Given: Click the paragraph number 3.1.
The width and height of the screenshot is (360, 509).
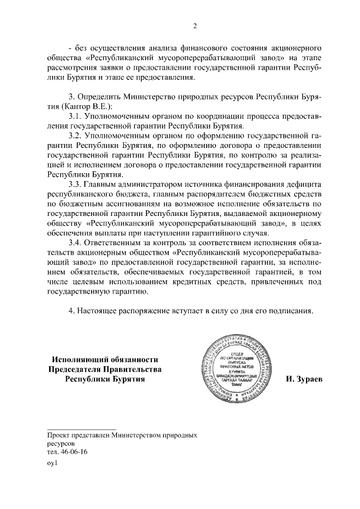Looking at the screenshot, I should tap(76, 115).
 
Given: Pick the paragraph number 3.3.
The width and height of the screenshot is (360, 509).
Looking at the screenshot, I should tap(76, 184).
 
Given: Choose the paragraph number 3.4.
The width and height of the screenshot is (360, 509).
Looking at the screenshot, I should tap(76, 242).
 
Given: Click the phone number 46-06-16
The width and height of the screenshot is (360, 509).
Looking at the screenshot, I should tap(74, 452).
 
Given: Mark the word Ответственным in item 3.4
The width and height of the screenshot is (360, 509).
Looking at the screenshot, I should tap(120, 242).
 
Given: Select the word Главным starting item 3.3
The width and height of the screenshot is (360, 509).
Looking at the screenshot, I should tap(102, 184).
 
